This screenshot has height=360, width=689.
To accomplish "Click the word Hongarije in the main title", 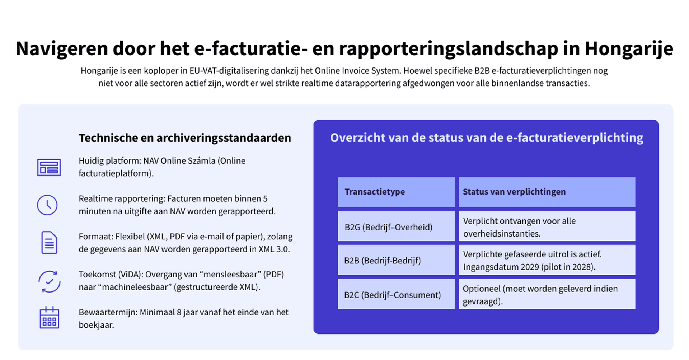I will (629, 48).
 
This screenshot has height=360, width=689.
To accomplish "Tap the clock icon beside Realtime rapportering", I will (47, 205).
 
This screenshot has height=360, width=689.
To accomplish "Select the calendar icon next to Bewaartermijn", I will (49, 318).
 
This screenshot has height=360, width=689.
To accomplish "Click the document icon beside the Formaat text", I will (49, 243).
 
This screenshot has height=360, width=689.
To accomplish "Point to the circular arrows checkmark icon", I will (49, 281).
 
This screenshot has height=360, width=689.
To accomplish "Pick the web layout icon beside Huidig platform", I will (49, 167).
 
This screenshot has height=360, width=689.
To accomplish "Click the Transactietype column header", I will (375, 192).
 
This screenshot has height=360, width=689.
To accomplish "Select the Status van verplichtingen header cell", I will (514, 192).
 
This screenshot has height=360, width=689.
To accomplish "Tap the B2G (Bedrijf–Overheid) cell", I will (388, 227).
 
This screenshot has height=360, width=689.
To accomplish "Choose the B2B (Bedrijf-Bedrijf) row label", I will (382, 261).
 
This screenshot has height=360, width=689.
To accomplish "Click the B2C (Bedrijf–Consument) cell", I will (392, 295).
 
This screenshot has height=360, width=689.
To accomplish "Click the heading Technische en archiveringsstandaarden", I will (185, 138).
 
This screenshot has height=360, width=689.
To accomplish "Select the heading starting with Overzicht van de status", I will (486, 138).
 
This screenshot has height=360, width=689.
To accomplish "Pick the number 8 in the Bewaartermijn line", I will (179, 312).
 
